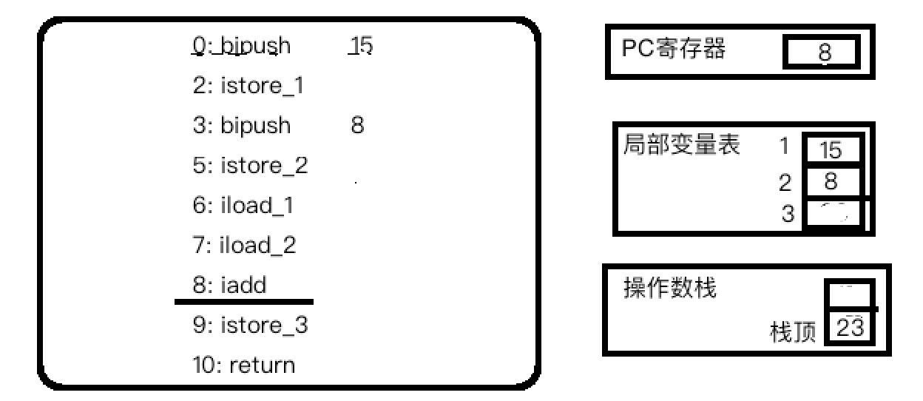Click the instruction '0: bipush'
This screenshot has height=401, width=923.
click(242, 47)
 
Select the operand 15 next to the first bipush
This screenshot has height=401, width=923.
click(361, 47)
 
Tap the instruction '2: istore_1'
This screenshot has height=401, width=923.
click(248, 87)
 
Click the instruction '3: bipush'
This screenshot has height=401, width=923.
click(242, 126)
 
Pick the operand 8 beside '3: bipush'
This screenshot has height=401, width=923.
click(358, 126)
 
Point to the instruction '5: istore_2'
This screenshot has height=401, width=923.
click(250, 166)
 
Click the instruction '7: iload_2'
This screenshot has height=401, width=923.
click(245, 245)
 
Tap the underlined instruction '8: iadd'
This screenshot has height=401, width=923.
click(230, 285)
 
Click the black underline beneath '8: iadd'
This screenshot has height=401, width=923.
click(244, 302)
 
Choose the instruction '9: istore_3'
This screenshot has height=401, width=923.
click(250, 326)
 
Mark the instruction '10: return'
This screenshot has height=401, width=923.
click(244, 365)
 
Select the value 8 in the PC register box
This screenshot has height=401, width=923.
click(824, 53)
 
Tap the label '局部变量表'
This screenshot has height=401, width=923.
click(682, 145)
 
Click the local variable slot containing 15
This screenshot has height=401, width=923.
click(831, 150)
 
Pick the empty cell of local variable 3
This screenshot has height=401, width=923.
click(833, 215)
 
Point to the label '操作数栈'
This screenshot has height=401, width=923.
click(670, 289)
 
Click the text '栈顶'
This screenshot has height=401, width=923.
click(793, 333)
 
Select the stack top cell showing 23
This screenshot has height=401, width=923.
click(850, 328)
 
